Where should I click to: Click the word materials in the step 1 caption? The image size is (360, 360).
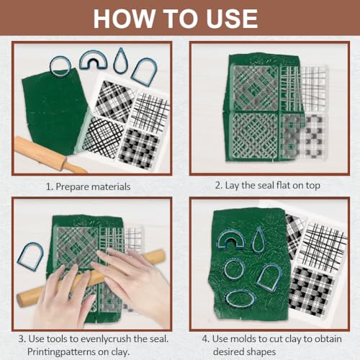pos(111,186)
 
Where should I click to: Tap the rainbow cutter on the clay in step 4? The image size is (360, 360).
pos(220,239)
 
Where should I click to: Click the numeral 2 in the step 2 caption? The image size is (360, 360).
pos(217,186)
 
